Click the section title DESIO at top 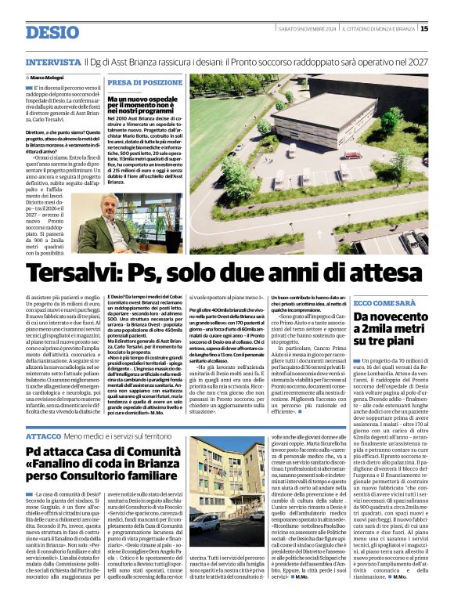[52, 32]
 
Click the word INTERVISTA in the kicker [52, 61]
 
